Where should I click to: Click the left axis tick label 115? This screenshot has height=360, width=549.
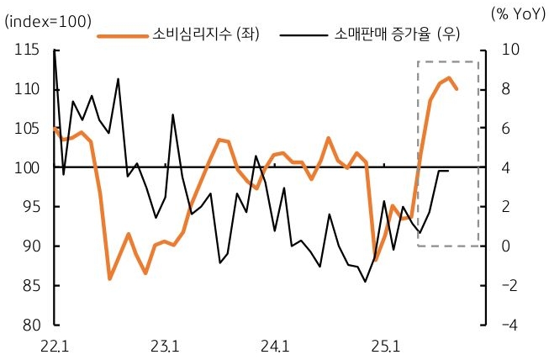coord(27,50)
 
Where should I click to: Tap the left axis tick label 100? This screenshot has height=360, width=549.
coord(27,168)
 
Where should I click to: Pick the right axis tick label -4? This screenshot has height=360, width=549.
coord(509,325)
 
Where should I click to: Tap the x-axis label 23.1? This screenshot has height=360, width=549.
coord(165,345)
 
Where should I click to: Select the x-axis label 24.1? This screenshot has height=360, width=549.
coord(275,345)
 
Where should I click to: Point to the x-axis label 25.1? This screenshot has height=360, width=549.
coord(385,345)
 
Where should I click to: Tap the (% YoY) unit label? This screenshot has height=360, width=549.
coord(516,14)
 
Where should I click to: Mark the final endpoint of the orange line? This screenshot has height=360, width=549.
coord(457,88)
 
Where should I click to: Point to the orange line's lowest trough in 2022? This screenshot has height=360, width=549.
coord(110,278)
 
